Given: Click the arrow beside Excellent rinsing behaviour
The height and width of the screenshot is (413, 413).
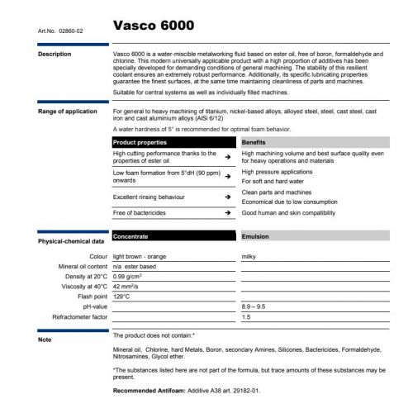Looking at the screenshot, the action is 227,197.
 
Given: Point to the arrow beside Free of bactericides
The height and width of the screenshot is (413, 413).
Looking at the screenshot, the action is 227,213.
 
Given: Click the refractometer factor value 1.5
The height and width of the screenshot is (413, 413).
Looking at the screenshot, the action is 245,316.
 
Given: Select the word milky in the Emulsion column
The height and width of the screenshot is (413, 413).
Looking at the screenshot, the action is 249,257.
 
